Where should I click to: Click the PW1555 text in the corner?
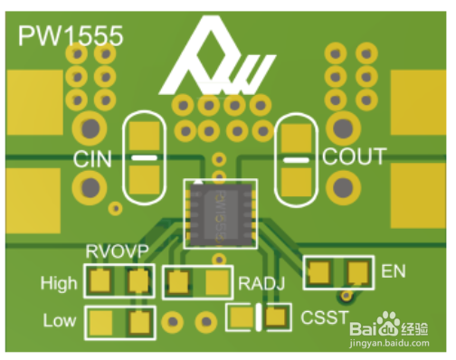pos(71,35)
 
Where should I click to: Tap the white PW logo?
pos(217,56)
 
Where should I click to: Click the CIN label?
pos(92,159)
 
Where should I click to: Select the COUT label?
pos(355,156)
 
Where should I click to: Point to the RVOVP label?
pos(118,251)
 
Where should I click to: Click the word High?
pos(59,283)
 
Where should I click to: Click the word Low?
pos(60,320)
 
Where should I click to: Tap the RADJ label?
pos(261,283)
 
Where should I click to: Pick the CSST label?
pos(325,317)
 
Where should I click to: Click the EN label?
pos(394,271)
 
